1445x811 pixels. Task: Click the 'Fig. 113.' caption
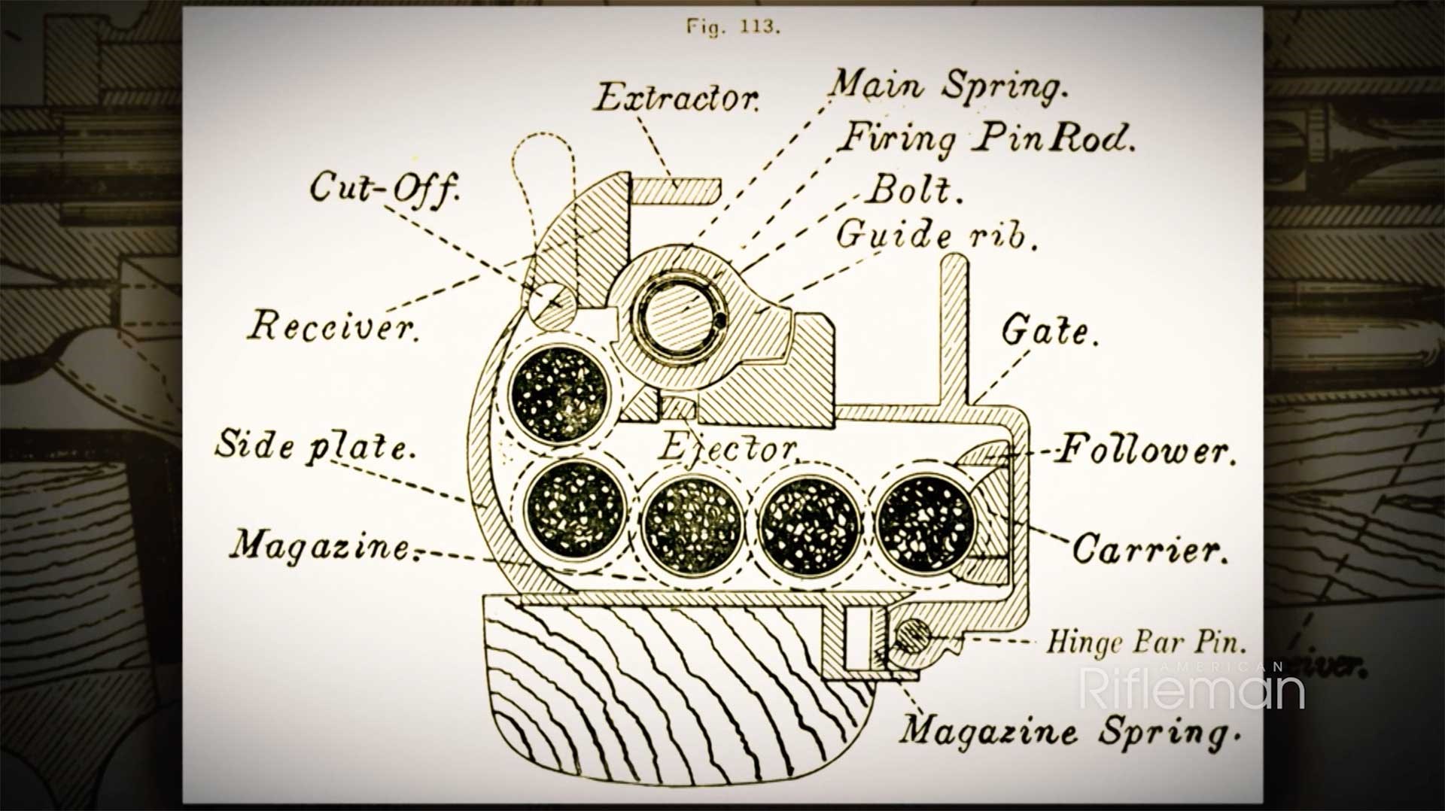[x=733, y=27]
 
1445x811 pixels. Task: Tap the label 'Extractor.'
[x=677, y=99]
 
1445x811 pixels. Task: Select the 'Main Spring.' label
[x=948, y=84]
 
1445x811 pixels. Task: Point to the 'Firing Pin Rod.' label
[x=986, y=138]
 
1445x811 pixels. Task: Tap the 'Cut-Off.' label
[x=384, y=187]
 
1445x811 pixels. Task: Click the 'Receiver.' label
[x=333, y=327]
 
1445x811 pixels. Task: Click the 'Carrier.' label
[x=1149, y=549]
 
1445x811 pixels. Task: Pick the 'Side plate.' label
[x=315, y=445]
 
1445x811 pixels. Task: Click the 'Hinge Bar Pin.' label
[x=1146, y=642]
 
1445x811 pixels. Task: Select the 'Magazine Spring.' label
[x=1069, y=731]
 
